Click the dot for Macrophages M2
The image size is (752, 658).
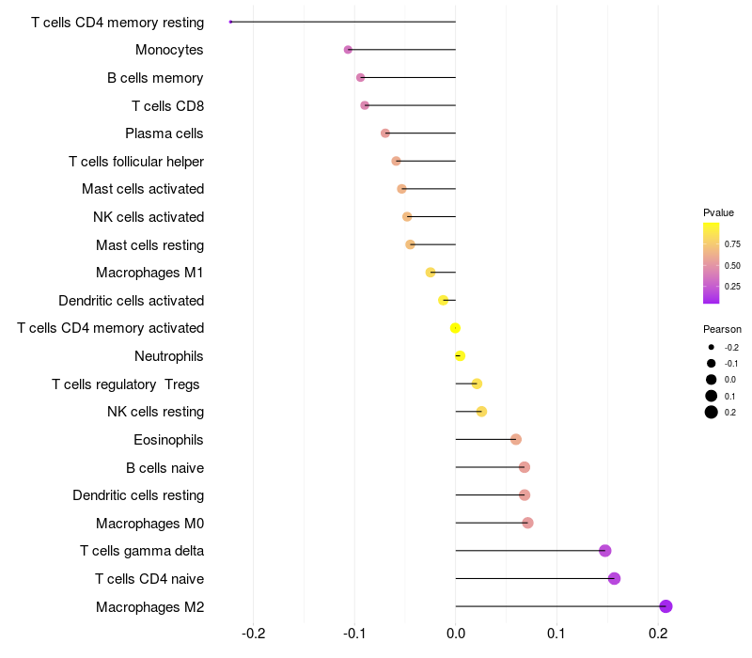pos(666,606)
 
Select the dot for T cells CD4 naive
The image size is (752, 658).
pos(614,578)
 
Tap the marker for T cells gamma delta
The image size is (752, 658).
pos(604,551)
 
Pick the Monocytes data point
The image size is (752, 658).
pos(348,50)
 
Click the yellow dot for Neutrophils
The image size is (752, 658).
pos(460,356)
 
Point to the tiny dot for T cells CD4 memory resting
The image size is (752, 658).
pos(230,22)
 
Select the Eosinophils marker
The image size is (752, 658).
pos(515,439)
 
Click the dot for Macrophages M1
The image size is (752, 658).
pos(431,273)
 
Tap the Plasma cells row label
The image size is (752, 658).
pos(164,133)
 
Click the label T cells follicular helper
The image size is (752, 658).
pos(136,162)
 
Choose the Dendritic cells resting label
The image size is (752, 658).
pos(138,495)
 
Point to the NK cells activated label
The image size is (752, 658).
pos(149,217)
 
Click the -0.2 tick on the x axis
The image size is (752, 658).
pos(253,634)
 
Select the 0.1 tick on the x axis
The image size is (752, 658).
pos(556,634)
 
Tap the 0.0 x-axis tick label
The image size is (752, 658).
pos(456,634)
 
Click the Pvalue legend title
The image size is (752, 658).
pos(718,212)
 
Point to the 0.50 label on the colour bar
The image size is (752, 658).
pos(732,266)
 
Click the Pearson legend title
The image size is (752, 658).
pos(722,329)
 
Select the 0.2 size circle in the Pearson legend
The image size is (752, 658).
pos(712,412)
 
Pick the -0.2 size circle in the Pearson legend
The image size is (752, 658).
pos(712,347)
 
